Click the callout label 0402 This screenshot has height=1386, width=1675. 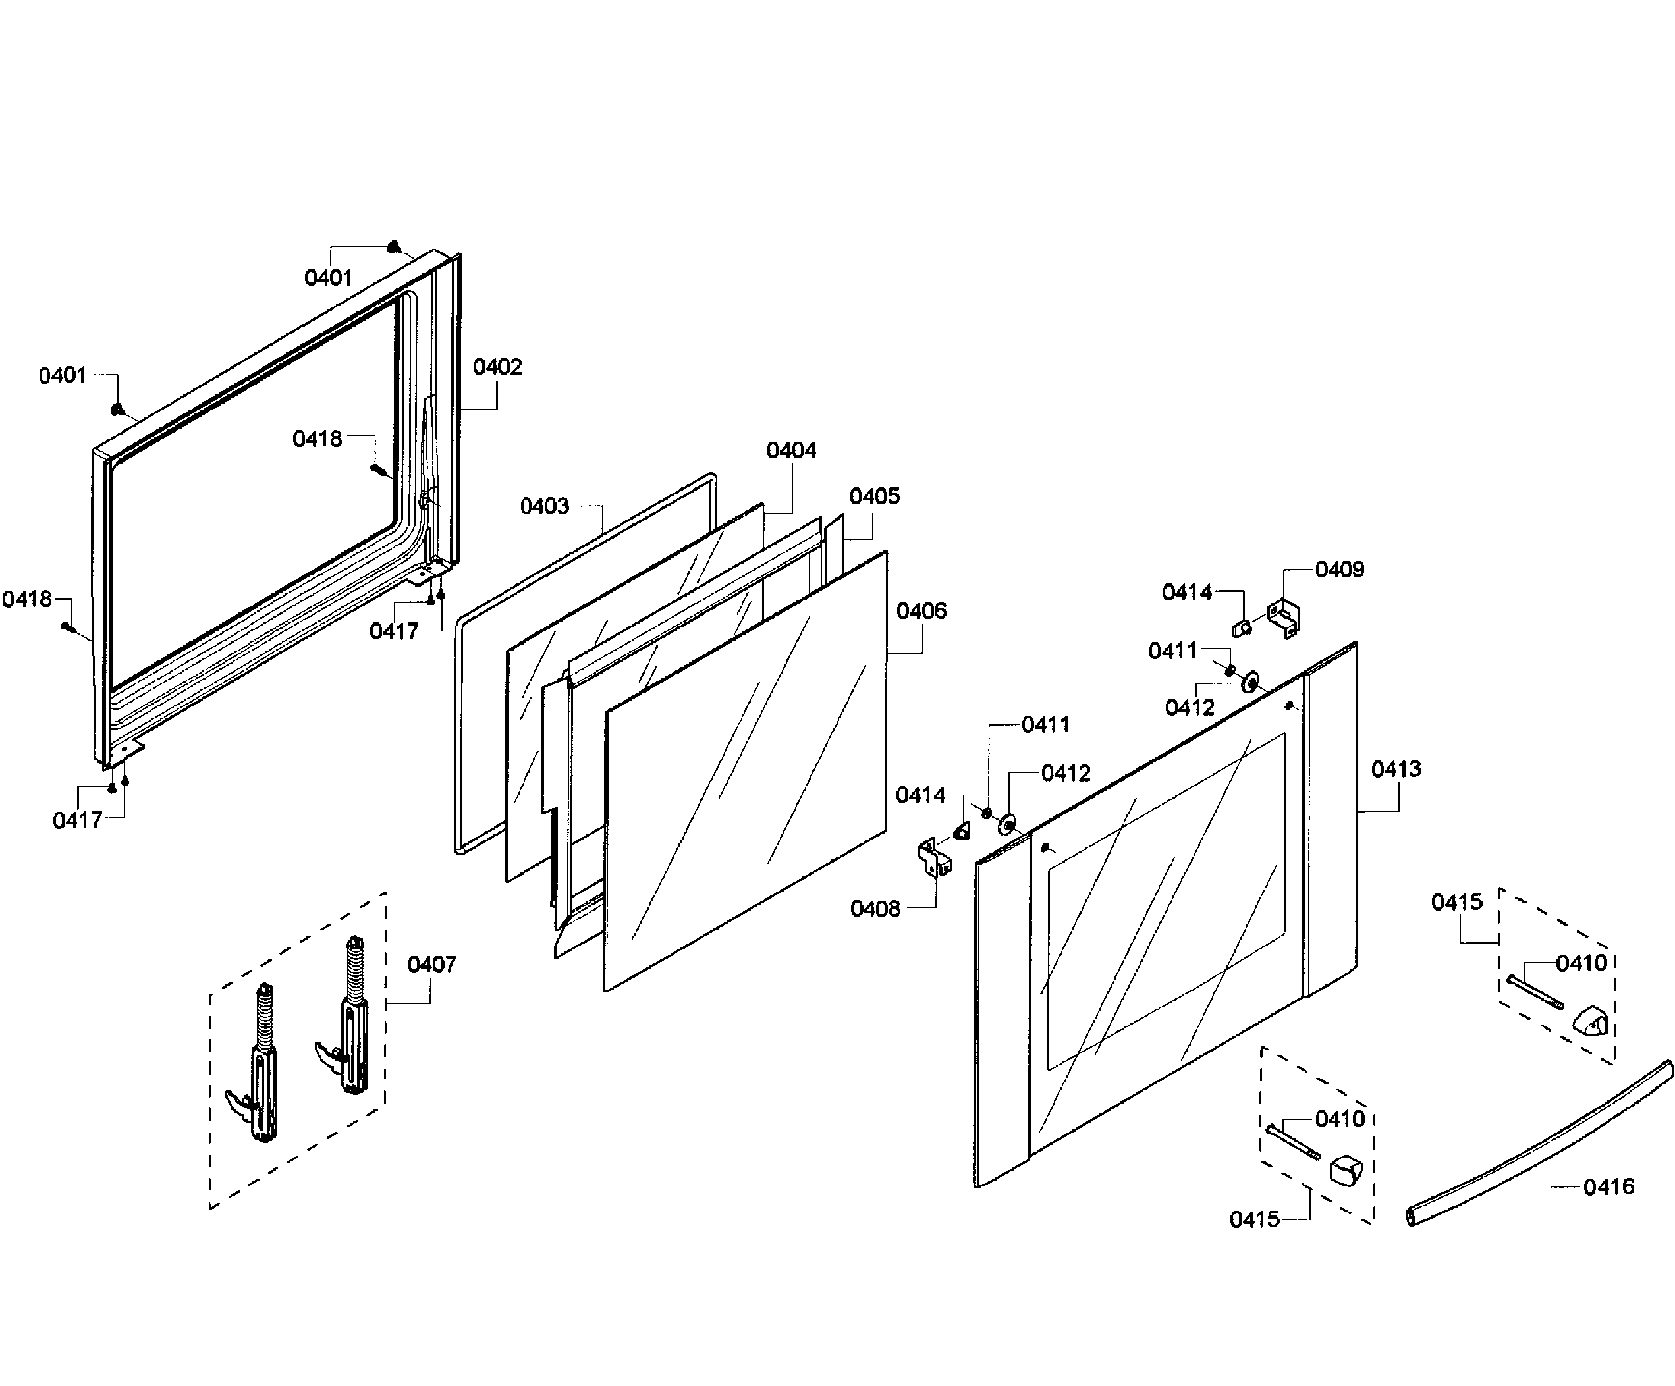pyautogui.click(x=497, y=367)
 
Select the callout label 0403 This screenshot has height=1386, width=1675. pyautogui.click(x=544, y=506)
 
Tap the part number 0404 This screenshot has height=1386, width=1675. pyautogui.click(x=790, y=450)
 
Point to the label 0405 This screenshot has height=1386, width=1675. pyautogui.click(x=874, y=496)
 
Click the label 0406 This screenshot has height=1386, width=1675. pyautogui.click(x=921, y=611)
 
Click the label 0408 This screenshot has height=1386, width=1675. pyautogui.click(x=875, y=909)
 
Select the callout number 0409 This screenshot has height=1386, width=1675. pyautogui.click(x=1339, y=570)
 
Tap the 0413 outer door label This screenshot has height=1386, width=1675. pyautogui.click(x=1396, y=769)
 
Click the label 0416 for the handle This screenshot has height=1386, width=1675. pyautogui.click(x=1608, y=1186)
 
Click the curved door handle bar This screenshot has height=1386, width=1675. pyautogui.click(x=1539, y=1144)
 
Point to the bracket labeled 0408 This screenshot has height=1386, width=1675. pyautogui.click(x=934, y=857)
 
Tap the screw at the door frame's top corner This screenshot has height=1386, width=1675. pyautogui.click(x=394, y=246)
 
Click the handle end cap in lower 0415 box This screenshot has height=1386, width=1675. pyautogui.click(x=1345, y=1170)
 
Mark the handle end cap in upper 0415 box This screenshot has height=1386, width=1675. pyautogui.click(x=1589, y=1021)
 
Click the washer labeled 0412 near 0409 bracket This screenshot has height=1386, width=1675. pyautogui.click(x=1250, y=682)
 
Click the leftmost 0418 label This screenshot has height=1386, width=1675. pyautogui.click(x=26, y=599)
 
